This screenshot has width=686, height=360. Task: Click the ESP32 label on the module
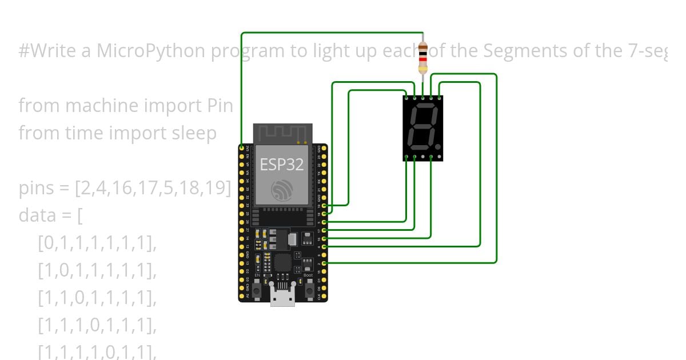[x=282, y=165]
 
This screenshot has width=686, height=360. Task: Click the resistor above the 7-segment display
[x=422, y=58]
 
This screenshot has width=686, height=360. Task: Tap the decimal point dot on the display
[x=438, y=147]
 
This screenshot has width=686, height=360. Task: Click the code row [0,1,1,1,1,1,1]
[x=97, y=243]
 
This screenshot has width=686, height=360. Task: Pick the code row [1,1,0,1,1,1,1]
[x=97, y=298]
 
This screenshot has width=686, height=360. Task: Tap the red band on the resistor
[x=422, y=59]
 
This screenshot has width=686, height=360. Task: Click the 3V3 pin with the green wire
[x=242, y=148]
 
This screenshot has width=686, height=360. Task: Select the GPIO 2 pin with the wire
[x=324, y=263]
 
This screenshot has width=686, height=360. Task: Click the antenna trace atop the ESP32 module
[x=282, y=134]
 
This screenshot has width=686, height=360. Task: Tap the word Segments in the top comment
[x=521, y=51]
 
